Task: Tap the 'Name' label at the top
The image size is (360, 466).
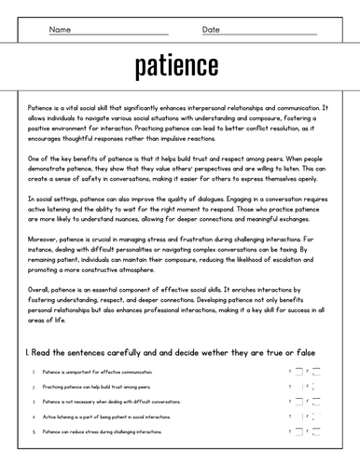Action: [x=60, y=30]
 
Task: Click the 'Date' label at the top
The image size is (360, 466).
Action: [x=212, y=30]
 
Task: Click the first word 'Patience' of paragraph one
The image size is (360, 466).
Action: [x=41, y=109]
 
